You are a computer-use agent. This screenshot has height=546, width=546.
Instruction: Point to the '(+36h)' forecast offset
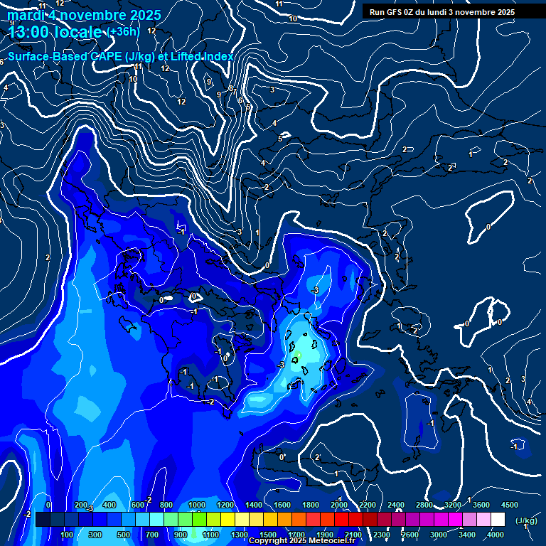click(124, 32)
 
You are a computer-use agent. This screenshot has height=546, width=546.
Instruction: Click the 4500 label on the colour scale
click(510, 505)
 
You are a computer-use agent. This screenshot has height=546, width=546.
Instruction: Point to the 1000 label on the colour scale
click(197, 505)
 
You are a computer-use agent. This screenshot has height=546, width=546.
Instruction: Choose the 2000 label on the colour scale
click(339, 505)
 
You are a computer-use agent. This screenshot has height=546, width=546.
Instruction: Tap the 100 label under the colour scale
click(67, 535)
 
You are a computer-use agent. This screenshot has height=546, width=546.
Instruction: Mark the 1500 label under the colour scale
click(268, 535)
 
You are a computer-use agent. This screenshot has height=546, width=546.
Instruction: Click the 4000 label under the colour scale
click(496, 535)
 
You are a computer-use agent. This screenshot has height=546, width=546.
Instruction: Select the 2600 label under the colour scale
click(410, 535)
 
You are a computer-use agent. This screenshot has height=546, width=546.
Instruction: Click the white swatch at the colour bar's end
click(498, 520)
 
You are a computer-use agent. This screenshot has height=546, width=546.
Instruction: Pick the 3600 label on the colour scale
click(481, 505)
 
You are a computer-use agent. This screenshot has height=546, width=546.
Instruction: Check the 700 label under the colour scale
click(152, 535)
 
